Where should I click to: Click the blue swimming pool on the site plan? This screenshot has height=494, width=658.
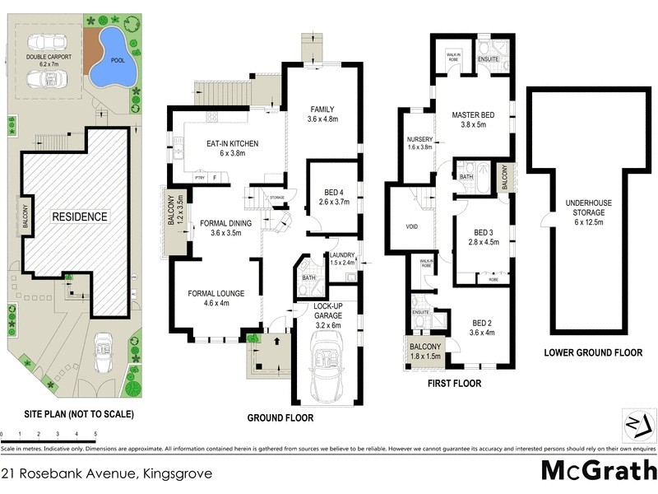coord(110,58)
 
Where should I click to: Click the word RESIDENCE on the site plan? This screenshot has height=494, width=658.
coord(81,217)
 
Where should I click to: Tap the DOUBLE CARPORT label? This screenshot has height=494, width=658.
coord(48,58)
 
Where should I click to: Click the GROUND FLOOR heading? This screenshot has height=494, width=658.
coord(280,417)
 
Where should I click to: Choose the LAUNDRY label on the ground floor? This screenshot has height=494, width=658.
coord(341,255)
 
